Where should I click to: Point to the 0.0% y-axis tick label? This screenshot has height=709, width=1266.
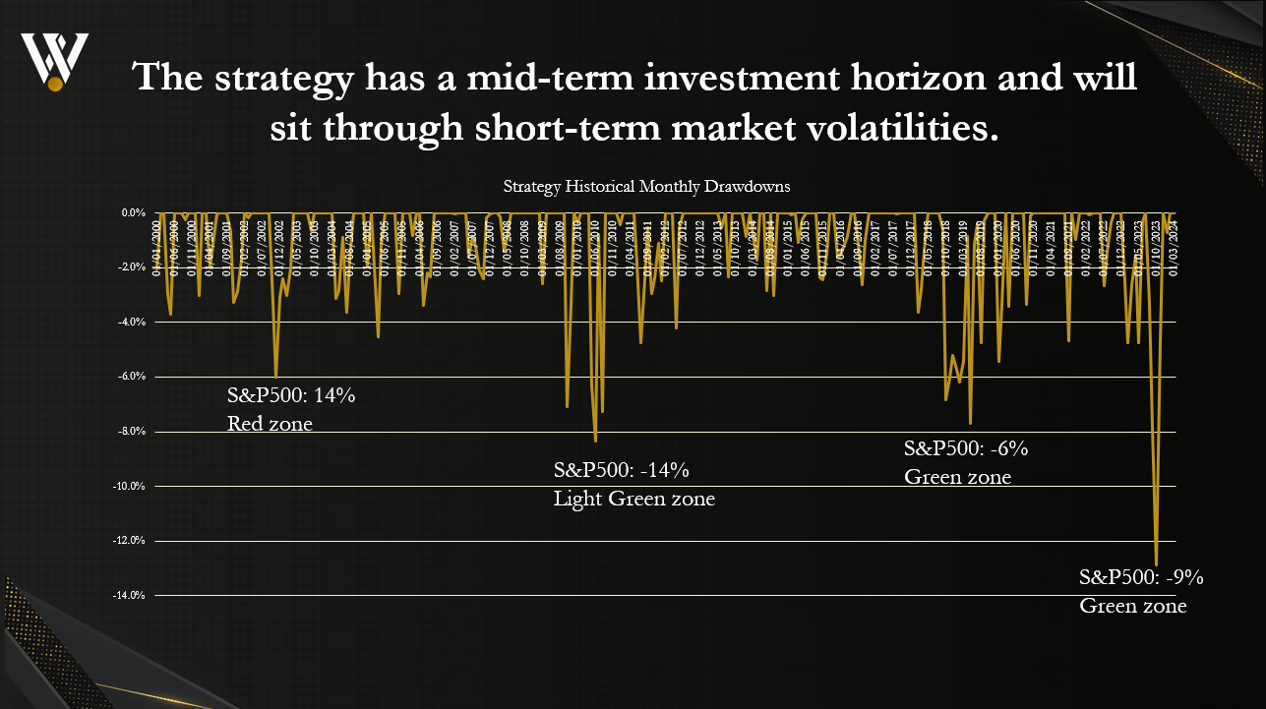tap(134, 212)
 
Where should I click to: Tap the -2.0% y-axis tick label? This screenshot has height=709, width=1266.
tap(133, 267)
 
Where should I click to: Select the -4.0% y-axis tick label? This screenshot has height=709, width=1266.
tap(133, 322)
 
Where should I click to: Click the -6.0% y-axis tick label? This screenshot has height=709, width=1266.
tap(133, 377)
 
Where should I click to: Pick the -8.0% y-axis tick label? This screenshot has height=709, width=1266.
tap(133, 431)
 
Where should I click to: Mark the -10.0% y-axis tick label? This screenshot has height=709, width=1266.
tap(131, 486)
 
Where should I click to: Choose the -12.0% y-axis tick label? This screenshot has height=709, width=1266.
tap(131, 541)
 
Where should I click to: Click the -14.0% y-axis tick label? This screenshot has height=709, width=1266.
tap(131, 595)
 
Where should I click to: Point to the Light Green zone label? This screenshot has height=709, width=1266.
tap(634, 500)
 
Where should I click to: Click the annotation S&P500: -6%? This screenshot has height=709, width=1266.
tap(966, 448)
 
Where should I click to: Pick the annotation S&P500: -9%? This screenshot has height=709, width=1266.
tap(1141, 577)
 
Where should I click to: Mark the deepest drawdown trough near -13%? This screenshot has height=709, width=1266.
tap(1156, 563)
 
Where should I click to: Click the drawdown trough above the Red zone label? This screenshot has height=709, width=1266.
tap(275, 376)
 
